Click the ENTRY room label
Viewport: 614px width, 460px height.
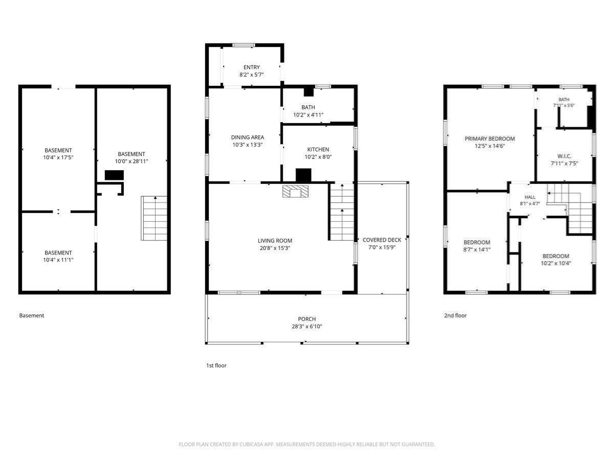pyautogui.click(x=251, y=67)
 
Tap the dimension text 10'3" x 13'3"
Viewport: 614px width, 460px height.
pyautogui.click(x=248, y=145)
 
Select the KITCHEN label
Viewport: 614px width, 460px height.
pyautogui.click(x=318, y=149)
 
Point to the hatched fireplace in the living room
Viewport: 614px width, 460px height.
pyautogui.click(x=295, y=192)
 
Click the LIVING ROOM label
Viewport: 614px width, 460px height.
pyautogui.click(x=275, y=241)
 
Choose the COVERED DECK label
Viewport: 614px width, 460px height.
pyautogui.click(x=382, y=240)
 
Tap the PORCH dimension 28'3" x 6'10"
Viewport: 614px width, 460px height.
pyautogui.click(x=307, y=326)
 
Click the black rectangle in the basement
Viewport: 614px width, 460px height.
pyautogui.click(x=114, y=175)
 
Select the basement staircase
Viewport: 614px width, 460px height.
pyautogui.click(x=154, y=218)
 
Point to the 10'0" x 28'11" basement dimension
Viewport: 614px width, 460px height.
pyautogui.click(x=131, y=161)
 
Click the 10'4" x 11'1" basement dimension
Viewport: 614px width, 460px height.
pyautogui.click(x=58, y=260)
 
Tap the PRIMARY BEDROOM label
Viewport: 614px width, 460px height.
pyautogui.click(x=490, y=139)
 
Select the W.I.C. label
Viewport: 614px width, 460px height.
pyautogui.click(x=564, y=156)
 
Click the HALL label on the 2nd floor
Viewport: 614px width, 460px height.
pyautogui.click(x=530, y=197)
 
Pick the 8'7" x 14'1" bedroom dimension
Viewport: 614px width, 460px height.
pyautogui.click(x=477, y=249)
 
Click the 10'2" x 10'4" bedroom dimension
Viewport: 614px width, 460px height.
pyautogui.click(x=556, y=263)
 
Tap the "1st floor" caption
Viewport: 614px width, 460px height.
pyautogui.click(x=216, y=365)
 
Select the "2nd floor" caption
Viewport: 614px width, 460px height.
pyautogui.click(x=455, y=315)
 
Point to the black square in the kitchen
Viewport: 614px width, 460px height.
pyautogui.click(x=303, y=175)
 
